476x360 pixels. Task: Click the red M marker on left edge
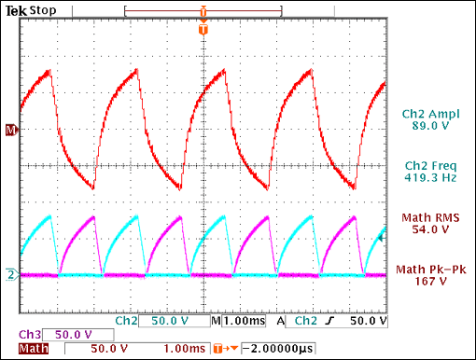[11, 130]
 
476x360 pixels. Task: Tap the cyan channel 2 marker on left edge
[11, 274]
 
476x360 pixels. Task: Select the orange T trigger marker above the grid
[203, 31]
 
